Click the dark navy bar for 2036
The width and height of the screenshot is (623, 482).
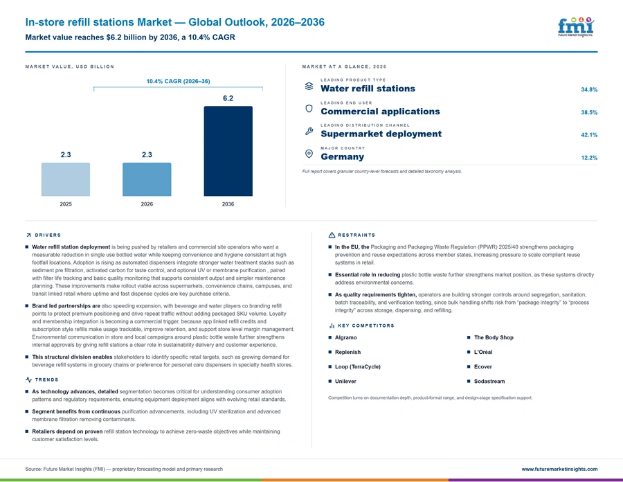click(228, 151)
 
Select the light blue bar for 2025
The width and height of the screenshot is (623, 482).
click(66, 179)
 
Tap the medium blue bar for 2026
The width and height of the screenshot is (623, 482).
click(147, 179)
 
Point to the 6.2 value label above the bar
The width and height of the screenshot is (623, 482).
click(228, 98)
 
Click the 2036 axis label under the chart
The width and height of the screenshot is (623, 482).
click(228, 204)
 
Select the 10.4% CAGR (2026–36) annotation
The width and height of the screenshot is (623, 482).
click(178, 81)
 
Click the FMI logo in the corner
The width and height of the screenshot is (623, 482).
click(576, 26)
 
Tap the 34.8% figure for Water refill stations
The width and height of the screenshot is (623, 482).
click(589, 90)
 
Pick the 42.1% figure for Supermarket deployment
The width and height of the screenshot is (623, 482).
click(589, 135)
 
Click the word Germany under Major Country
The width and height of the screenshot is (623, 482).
click(343, 157)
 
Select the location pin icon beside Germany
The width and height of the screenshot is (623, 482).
click(309, 154)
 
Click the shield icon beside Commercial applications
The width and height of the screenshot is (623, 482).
click(309, 109)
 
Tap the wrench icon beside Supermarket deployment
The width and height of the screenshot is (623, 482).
click(309, 131)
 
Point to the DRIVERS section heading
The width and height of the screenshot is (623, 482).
click(48, 235)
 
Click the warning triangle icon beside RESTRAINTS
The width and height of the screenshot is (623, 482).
click(332, 235)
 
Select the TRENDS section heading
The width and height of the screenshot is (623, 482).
click(46, 380)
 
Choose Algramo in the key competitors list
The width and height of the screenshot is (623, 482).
click(345, 337)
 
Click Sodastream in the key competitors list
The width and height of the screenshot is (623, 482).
click(489, 381)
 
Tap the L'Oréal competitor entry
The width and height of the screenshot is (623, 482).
click(483, 352)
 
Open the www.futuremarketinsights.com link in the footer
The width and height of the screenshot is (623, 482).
click(559, 470)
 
